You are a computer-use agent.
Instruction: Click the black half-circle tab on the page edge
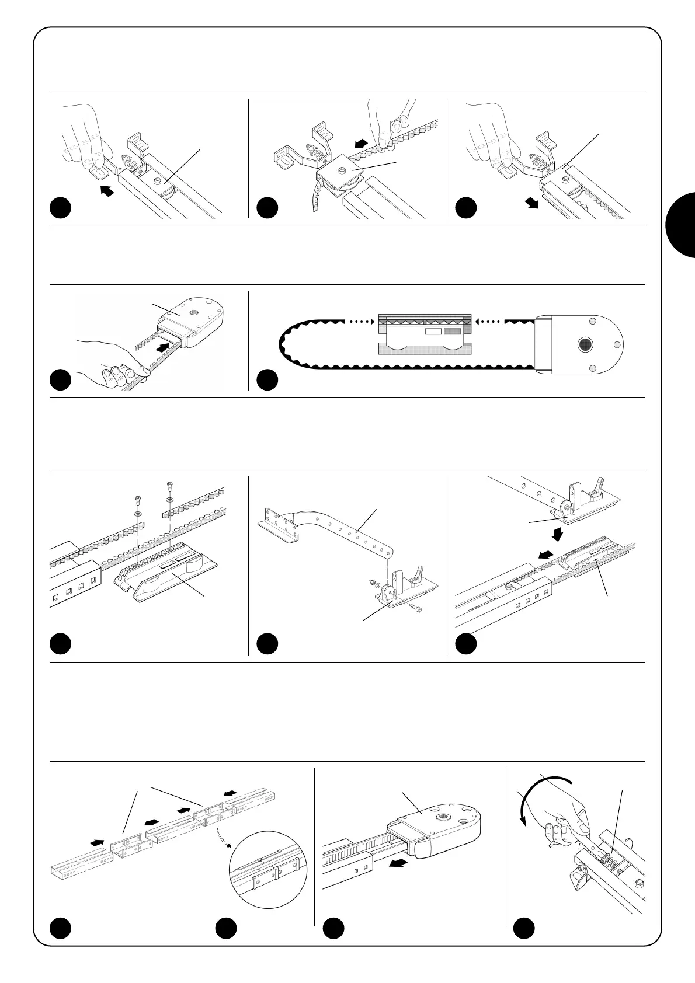click(681, 225)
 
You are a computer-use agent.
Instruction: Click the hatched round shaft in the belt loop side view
click(585, 345)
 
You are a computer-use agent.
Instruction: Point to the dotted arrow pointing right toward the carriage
click(356, 320)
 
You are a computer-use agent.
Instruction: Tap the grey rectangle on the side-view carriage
click(452, 332)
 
